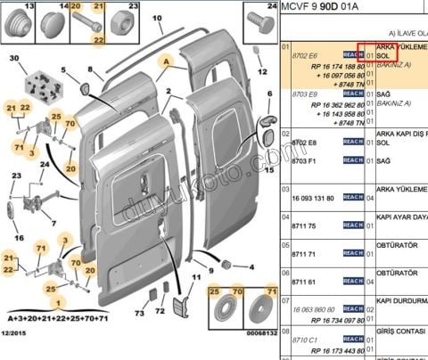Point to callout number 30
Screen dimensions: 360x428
point(12,60)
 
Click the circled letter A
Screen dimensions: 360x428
point(164,62)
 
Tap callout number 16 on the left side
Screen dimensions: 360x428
point(18,239)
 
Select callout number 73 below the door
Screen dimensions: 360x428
point(139,313)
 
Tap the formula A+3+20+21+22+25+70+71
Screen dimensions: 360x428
point(56,316)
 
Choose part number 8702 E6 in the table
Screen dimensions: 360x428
point(307,55)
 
